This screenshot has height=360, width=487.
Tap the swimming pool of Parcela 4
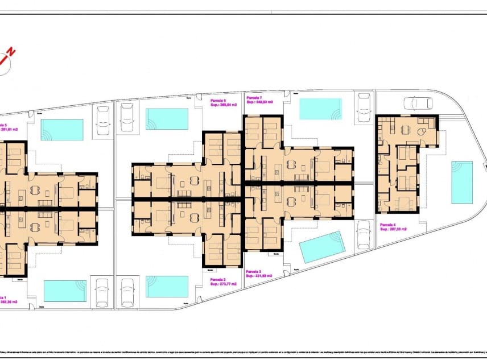[x=462, y=182]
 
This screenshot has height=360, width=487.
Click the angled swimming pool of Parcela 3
[x=322, y=247]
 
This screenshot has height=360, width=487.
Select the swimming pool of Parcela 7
[x=320, y=109]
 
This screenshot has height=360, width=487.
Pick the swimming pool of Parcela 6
[x=167, y=119]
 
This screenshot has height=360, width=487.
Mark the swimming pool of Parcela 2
[x=167, y=286]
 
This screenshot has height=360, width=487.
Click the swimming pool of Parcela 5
[x=62, y=129]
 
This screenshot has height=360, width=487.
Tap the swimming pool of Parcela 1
[x=65, y=291]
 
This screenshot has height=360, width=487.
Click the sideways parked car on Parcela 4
[x=417, y=103]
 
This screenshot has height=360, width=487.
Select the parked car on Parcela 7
[x=364, y=105]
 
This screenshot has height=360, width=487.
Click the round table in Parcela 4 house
[x=422, y=132]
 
